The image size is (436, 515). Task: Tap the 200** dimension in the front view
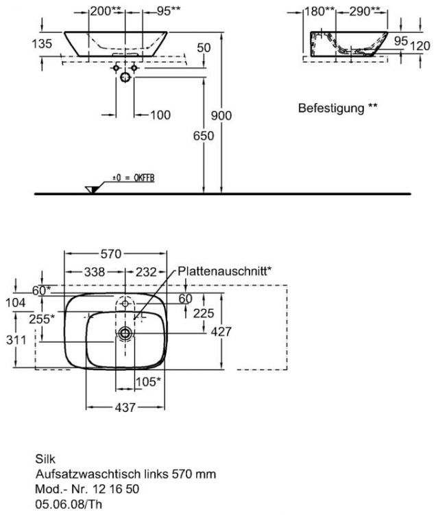pos(106,12)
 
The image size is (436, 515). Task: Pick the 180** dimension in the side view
pos(320,12)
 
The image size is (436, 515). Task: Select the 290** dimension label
pos(365,12)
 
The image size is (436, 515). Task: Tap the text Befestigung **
pos(337,108)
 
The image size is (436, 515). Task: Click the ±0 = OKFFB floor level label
pos(134,178)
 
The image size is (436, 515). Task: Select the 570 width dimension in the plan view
pos(111,255)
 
